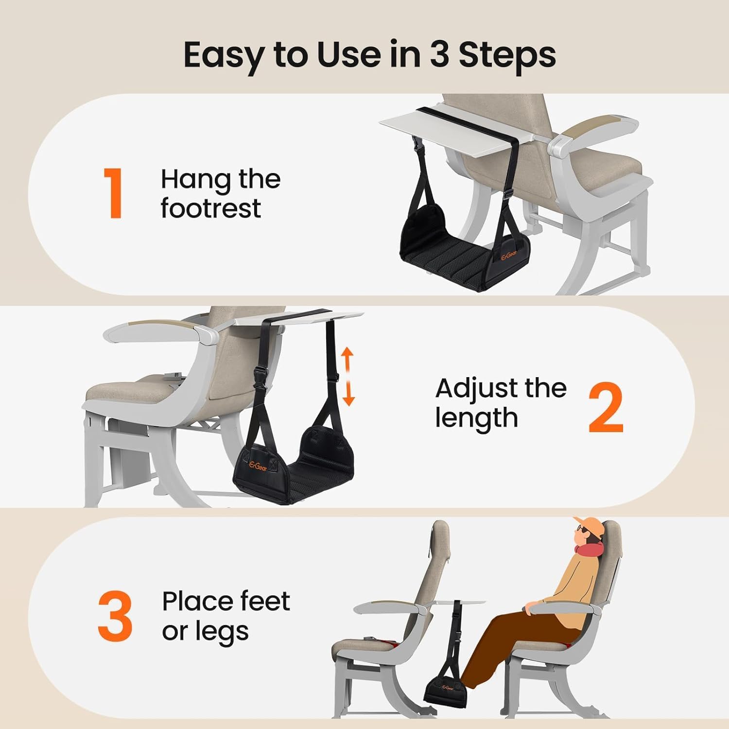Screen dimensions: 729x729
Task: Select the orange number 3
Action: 115,616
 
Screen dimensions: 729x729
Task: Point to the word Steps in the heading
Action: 507,55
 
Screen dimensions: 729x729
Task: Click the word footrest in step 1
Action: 211,208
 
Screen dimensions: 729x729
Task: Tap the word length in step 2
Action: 476,418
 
